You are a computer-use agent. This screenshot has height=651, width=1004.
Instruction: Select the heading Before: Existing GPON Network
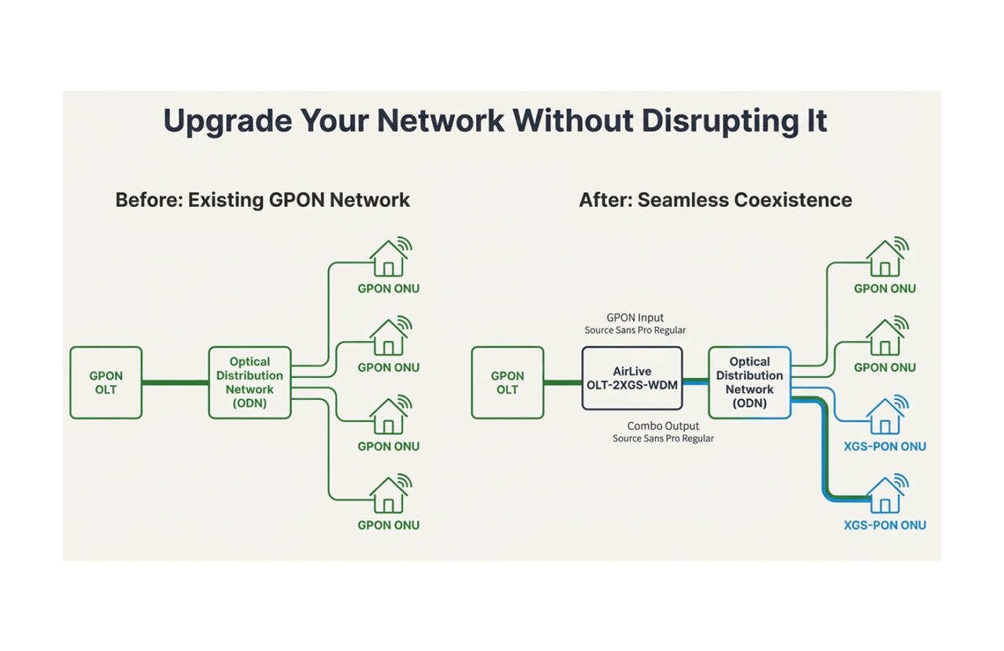point(263,200)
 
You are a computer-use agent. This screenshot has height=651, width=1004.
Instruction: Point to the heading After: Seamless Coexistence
point(715,200)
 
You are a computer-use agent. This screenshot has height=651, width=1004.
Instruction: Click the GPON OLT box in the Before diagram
point(106,383)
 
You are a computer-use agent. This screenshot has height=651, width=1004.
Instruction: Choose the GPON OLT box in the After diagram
point(507,383)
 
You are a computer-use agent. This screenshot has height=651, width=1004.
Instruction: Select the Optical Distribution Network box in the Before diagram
point(249,383)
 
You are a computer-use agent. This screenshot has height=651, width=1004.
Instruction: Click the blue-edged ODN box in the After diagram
point(749,383)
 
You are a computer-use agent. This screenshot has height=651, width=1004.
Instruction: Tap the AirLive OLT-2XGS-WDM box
point(632,378)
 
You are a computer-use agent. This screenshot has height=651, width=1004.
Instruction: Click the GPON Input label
point(635,318)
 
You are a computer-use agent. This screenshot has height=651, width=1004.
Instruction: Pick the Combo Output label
point(663,426)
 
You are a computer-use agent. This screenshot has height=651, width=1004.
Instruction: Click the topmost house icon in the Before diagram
point(388,259)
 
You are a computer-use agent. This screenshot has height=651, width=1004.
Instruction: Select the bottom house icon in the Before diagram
point(388,495)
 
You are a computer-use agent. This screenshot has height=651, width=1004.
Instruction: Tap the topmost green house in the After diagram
point(885,259)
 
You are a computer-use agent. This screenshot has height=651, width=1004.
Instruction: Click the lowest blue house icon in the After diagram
point(885,495)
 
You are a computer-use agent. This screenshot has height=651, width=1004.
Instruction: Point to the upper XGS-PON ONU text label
point(885,446)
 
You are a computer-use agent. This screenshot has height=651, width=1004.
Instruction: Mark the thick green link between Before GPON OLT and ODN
point(175,383)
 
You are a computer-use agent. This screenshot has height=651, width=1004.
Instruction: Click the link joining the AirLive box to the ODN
point(695,383)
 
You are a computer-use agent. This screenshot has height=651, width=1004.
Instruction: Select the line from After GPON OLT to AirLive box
point(562,383)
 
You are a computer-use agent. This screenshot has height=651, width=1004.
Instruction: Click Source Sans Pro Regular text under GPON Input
point(635,330)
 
